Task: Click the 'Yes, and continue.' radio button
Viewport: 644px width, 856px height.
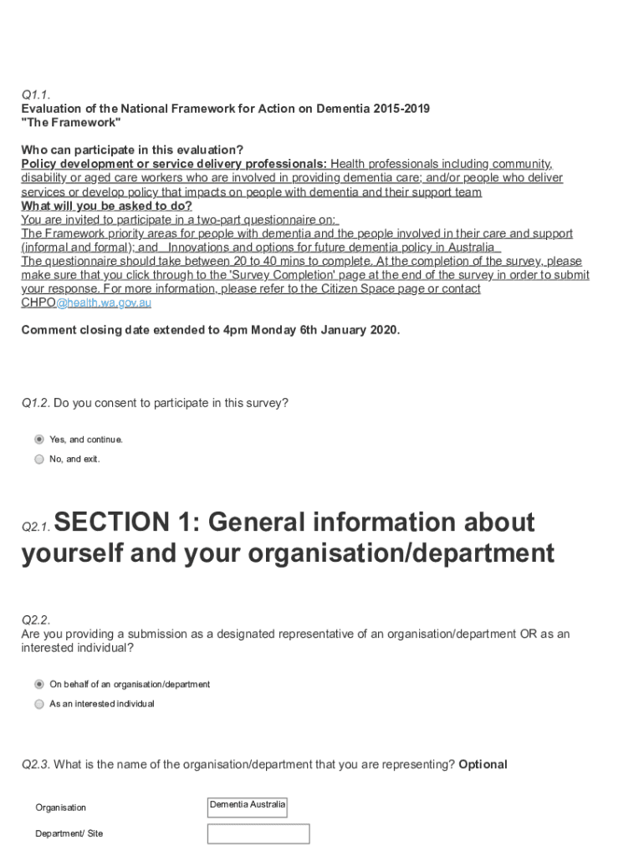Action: tap(39, 439)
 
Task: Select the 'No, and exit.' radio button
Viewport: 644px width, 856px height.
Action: tap(39, 459)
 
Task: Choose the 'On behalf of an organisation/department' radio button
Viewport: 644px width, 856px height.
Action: tap(39, 684)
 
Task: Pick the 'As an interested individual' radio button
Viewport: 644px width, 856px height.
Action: tap(39, 704)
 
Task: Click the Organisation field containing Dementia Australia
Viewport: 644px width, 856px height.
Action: tap(247, 807)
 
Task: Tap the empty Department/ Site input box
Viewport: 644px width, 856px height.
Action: tap(258, 833)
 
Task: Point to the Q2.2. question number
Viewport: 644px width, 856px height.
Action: tap(36, 620)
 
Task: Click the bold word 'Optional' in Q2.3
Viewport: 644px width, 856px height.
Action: tap(483, 764)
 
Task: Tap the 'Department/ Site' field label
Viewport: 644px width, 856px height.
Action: tap(69, 833)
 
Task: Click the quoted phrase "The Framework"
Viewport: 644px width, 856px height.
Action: tap(71, 123)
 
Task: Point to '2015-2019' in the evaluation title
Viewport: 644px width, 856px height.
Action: tap(401, 110)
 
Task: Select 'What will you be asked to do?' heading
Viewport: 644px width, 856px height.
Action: tap(106, 206)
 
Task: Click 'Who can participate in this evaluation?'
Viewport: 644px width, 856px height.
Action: tap(132, 150)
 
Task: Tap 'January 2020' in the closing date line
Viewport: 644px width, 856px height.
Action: tap(361, 329)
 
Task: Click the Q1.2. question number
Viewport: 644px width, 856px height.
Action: tap(36, 403)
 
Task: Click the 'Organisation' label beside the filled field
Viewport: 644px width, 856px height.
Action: tap(60, 808)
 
